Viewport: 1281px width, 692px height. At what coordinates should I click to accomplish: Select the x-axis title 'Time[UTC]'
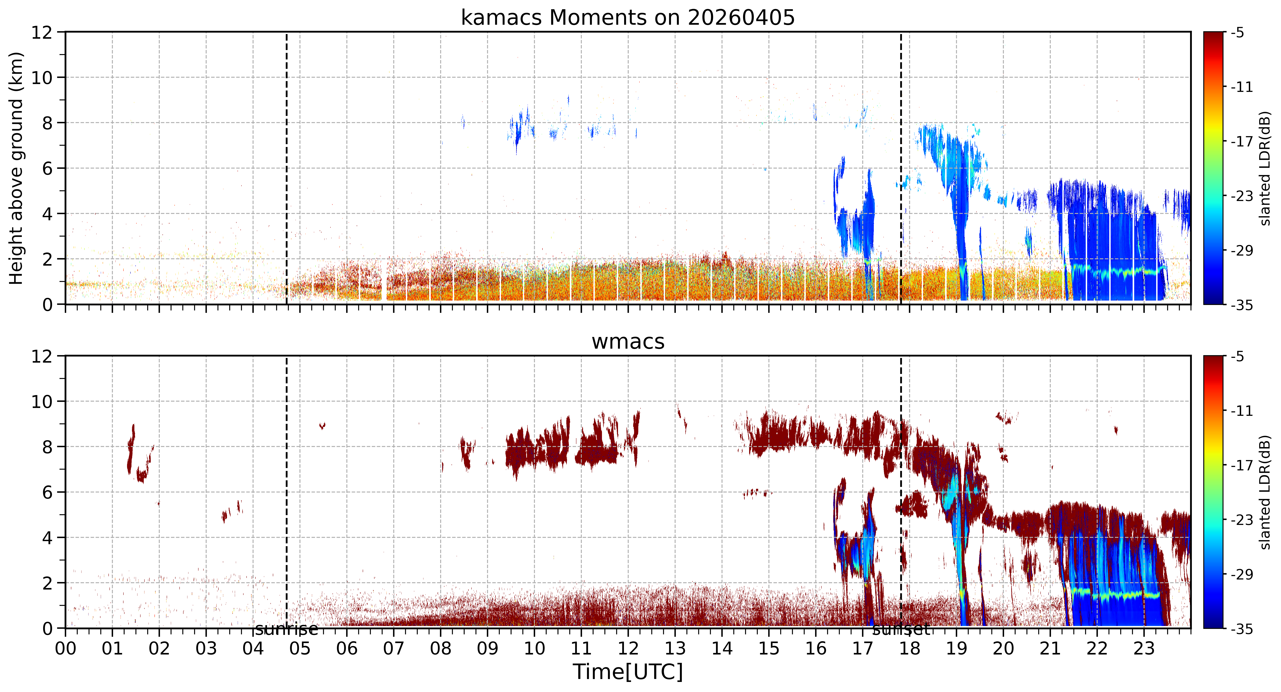(x=628, y=672)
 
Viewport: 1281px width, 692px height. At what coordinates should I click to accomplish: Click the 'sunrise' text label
(x=286, y=629)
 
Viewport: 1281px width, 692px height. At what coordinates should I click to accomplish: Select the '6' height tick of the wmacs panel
(x=47, y=492)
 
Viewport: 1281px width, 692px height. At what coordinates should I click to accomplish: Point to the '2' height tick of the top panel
(x=47, y=259)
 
